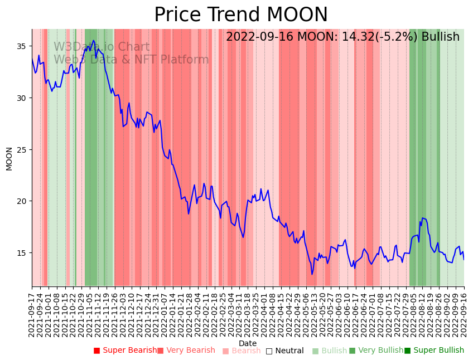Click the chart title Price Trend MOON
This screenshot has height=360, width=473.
pyautogui.click(x=241, y=15)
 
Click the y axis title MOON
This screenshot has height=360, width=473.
pyautogui.click(x=9, y=158)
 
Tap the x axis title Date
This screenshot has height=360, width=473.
pyautogui.click(x=248, y=344)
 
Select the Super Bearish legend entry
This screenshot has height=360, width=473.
pyautogui.click(x=126, y=351)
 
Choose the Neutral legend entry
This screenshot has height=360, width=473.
pyautogui.click(x=285, y=351)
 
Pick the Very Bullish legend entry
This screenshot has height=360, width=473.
pyautogui.click(x=376, y=351)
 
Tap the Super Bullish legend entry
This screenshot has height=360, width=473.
pyautogui.click(x=434, y=351)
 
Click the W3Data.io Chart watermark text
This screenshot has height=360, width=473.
pyautogui.click(x=102, y=47)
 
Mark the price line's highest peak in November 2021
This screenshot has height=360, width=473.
pyautogui.click(x=94, y=41)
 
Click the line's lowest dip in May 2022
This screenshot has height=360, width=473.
pyautogui.click(x=312, y=274)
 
